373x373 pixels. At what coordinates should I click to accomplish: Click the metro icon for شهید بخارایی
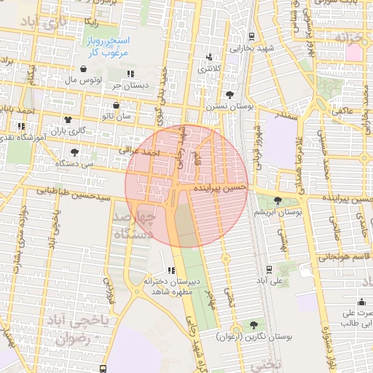[x=251, y=36]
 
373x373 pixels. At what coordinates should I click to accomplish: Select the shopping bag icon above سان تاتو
[x=116, y=105]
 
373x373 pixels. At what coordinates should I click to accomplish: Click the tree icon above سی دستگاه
[x=75, y=152]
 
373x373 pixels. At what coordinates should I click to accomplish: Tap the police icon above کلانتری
[x=211, y=57]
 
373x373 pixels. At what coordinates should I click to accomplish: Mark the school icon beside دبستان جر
[x=131, y=74]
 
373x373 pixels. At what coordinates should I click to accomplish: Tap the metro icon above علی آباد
[x=270, y=268]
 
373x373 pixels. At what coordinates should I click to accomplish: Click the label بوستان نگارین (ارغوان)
[x=254, y=337]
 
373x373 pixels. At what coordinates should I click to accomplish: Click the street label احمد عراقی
[x=139, y=152]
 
